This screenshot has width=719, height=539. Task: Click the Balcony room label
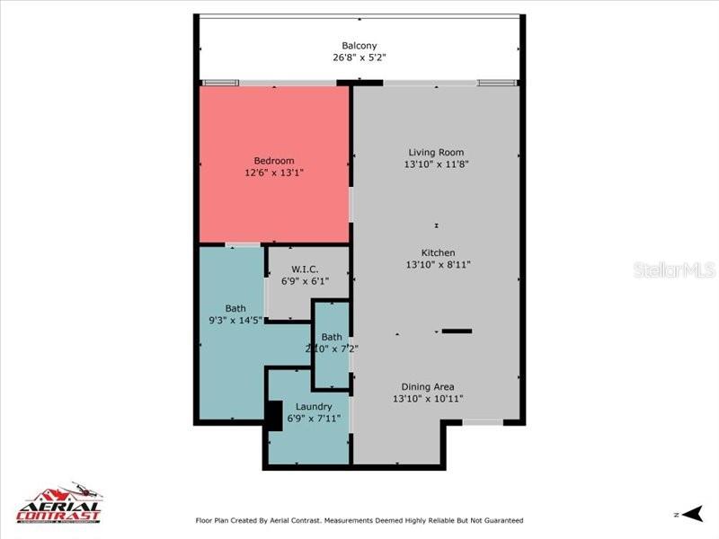(x=359, y=46)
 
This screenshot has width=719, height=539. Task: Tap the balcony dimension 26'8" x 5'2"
(x=359, y=57)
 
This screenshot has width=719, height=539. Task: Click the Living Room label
(x=436, y=153)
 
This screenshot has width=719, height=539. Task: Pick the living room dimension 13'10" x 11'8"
(x=436, y=164)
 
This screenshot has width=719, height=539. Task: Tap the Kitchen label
(x=439, y=252)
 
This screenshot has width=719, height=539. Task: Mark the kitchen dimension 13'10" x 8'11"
(x=439, y=264)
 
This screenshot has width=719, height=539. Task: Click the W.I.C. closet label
(x=306, y=269)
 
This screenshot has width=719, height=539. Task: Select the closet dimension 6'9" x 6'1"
(x=306, y=281)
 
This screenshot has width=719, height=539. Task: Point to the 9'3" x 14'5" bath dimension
(x=235, y=320)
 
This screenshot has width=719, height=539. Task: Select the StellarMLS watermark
(x=674, y=269)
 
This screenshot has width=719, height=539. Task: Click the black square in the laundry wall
(x=274, y=415)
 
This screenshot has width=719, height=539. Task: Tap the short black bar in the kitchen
(x=457, y=331)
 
